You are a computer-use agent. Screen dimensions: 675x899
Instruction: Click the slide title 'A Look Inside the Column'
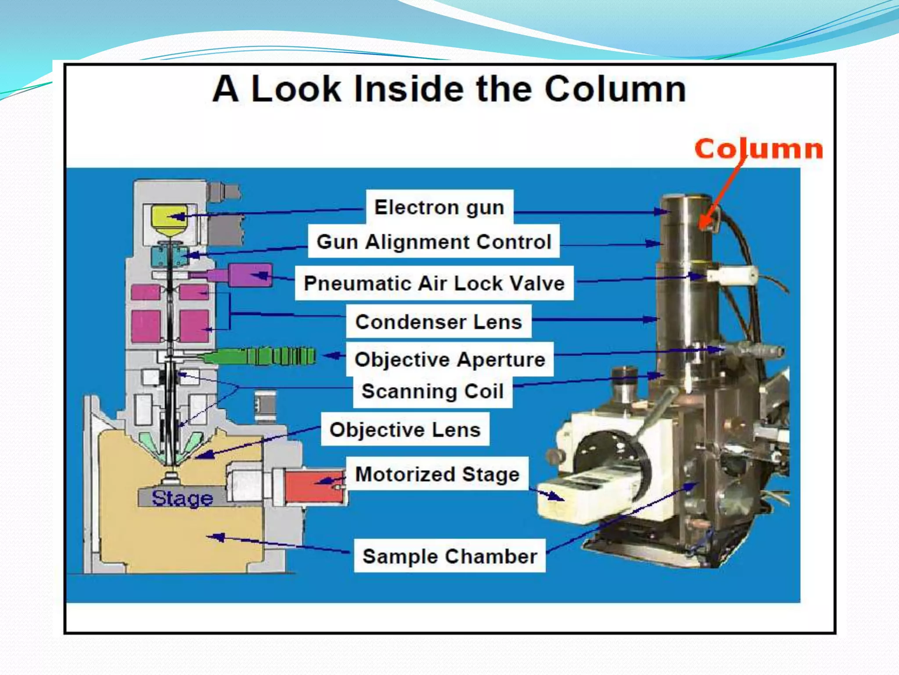click(449, 89)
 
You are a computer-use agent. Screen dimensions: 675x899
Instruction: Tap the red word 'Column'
click(758, 149)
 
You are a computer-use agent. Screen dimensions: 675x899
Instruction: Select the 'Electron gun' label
click(439, 207)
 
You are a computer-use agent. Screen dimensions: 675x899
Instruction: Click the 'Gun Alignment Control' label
click(434, 242)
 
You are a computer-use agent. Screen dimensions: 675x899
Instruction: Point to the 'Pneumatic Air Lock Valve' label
click(434, 283)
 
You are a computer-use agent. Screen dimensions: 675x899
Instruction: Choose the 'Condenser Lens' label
click(439, 322)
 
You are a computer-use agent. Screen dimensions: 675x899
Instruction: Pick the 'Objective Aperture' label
click(449, 360)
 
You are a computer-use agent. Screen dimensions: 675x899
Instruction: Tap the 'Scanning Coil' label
click(432, 392)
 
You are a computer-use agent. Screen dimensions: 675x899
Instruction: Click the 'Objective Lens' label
click(405, 430)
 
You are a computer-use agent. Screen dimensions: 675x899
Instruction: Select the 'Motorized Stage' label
click(437, 475)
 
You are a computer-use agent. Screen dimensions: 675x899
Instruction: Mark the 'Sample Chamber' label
click(449, 556)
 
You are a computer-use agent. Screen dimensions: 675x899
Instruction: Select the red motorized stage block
click(313, 485)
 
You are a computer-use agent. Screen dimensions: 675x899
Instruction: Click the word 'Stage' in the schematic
click(182, 498)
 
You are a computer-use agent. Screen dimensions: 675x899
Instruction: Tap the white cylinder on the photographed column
click(731, 275)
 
